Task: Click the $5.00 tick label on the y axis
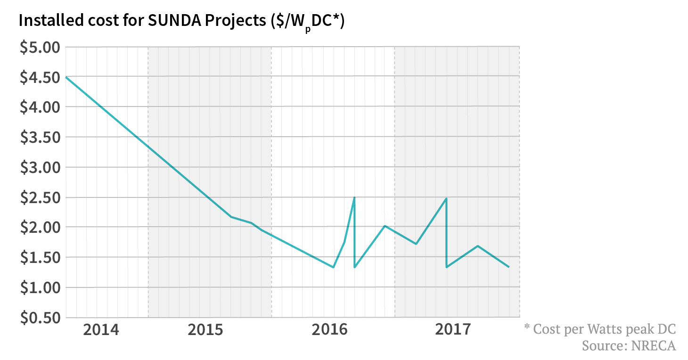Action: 40,48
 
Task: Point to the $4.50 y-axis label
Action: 40,77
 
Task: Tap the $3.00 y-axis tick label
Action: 40,168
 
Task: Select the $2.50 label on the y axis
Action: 40,198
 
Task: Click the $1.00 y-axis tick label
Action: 40,288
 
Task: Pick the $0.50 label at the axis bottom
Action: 40,318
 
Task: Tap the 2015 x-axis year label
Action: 205,330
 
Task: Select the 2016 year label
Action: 329,330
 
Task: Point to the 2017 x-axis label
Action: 453,330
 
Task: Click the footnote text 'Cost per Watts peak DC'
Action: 605,328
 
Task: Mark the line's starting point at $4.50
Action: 66,77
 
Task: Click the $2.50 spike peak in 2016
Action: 354,197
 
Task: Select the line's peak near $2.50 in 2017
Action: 446,198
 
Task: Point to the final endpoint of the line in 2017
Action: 508,267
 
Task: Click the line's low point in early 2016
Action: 333,267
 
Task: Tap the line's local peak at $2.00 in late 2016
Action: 385,226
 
